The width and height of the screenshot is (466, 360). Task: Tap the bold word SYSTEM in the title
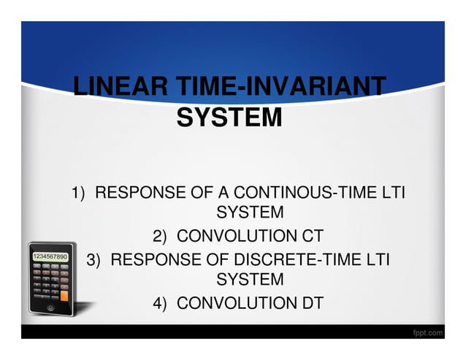point(229,117)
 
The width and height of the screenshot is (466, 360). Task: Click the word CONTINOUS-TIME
point(302,194)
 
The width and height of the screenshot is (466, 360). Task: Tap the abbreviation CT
point(308,237)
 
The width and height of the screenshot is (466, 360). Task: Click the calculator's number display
point(50,257)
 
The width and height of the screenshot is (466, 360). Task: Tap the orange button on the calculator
point(64,296)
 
